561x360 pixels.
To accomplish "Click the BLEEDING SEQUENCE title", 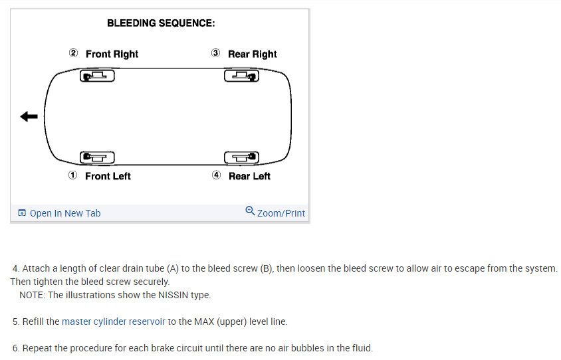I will (x=161, y=23).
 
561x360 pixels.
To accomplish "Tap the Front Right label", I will (x=112, y=54).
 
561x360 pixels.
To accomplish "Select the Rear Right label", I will (x=252, y=54).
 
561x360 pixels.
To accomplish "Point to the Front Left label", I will (x=108, y=176).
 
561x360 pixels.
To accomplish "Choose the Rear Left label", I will (x=249, y=176).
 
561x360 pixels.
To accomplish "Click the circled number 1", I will (x=72, y=175).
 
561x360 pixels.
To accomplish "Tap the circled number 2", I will (x=73, y=53).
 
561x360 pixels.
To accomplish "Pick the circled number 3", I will (x=215, y=53).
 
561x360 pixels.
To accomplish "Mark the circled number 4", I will (x=216, y=175).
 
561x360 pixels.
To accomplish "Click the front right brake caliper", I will (x=97, y=76).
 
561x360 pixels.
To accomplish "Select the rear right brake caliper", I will (x=241, y=76).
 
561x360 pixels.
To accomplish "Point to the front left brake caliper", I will (x=97, y=157).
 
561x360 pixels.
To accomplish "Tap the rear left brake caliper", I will (x=241, y=157).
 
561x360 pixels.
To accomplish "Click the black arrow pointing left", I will (x=29, y=117).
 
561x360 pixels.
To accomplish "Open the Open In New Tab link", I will (x=65, y=213).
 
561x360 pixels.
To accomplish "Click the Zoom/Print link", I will (x=280, y=213).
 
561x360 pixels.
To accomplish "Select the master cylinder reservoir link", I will (x=113, y=321).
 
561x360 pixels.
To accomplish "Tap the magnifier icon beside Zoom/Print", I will (x=249, y=211).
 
